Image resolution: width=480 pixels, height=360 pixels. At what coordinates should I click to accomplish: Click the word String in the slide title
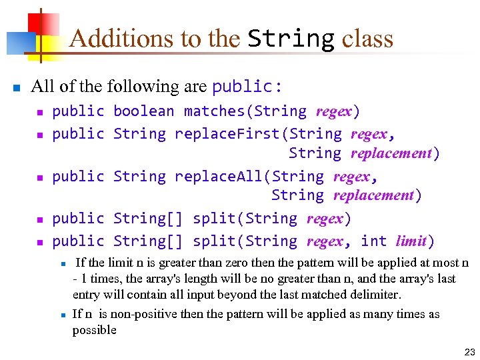click(291, 39)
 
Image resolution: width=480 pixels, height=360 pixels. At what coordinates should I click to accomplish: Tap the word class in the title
click(367, 39)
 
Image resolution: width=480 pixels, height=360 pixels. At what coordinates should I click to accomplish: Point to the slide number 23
click(469, 351)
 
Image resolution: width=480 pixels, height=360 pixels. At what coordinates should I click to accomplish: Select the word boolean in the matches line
click(143, 111)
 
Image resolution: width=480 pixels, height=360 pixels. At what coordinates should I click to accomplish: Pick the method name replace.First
click(227, 134)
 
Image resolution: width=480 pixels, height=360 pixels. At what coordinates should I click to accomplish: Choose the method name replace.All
click(219, 177)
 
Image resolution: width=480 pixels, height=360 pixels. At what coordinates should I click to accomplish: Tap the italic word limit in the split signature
click(411, 241)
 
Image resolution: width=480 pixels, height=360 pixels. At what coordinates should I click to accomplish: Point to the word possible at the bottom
click(94, 330)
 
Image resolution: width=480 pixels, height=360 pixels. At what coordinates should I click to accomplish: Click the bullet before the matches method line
click(39, 113)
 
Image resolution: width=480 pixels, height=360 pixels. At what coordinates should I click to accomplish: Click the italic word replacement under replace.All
click(373, 195)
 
